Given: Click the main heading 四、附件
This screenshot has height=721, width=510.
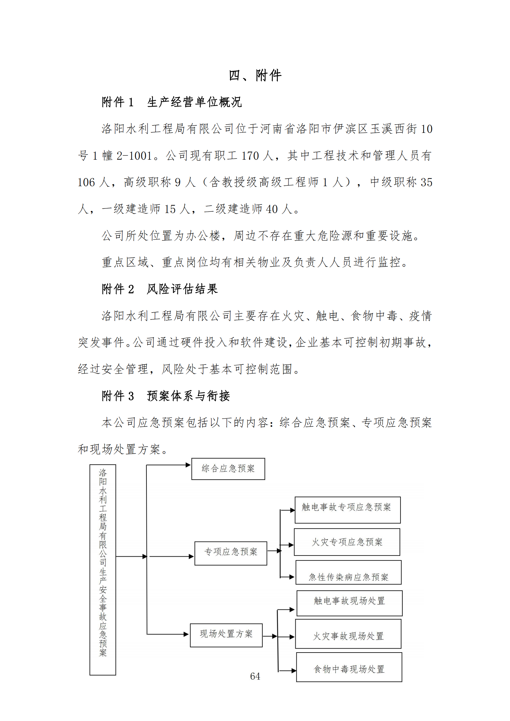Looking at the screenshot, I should pyautogui.click(x=255, y=76).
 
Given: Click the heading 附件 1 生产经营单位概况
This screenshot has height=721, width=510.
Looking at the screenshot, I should pyautogui.click(x=171, y=102).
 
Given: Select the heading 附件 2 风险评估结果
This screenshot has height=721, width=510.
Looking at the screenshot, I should pyautogui.click(x=159, y=289).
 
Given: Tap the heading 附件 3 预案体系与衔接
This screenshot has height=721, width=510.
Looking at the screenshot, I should pyautogui.click(x=166, y=396).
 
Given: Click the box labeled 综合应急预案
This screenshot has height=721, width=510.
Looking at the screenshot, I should pyautogui.click(x=228, y=469).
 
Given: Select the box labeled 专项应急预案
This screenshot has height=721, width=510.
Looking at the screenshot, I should pyautogui.click(x=231, y=552).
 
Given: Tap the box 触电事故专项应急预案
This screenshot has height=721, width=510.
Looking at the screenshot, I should pyautogui.click(x=347, y=510).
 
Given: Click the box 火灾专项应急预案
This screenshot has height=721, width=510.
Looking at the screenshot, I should pyautogui.click(x=347, y=542).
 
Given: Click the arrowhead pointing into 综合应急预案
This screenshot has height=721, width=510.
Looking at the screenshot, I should pyautogui.click(x=188, y=465).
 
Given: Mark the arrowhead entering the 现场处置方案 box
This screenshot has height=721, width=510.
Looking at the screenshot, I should pyautogui.click(x=187, y=634).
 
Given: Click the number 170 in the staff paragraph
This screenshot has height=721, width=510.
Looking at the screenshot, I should pyautogui.click(x=251, y=156).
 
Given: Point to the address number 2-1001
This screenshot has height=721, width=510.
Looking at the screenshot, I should pyautogui.click(x=134, y=156).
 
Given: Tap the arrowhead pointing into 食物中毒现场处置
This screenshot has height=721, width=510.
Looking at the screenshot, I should pyautogui.click(x=294, y=671).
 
